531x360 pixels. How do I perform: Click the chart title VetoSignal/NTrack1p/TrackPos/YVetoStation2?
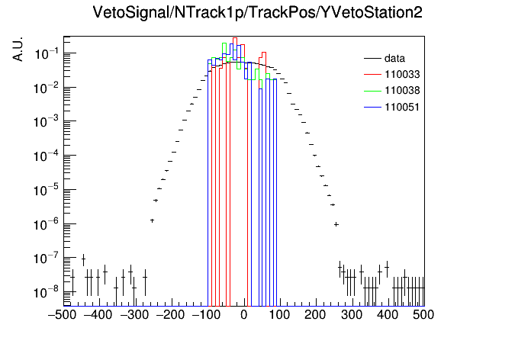[x=257, y=12]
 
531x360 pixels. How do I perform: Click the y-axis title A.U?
[x=18, y=49]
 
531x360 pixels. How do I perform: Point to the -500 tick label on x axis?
[x=62, y=315]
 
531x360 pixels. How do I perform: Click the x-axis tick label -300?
[x=134, y=315]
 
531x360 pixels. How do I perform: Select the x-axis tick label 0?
[x=244, y=315]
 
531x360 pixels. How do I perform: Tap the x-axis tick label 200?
[x=315, y=315]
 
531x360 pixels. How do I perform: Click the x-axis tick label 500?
[x=423, y=315]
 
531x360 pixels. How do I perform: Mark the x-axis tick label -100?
[x=207, y=315]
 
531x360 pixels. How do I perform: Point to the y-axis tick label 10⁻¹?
[x=47, y=53]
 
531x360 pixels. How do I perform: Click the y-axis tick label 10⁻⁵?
[x=47, y=191]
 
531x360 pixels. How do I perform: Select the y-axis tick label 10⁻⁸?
[x=47, y=292]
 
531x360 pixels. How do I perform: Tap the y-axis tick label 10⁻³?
[x=47, y=121]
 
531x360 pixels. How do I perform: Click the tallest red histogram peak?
[x=235, y=38]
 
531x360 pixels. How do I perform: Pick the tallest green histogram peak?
[x=224, y=43]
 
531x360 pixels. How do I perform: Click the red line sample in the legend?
[x=372, y=74]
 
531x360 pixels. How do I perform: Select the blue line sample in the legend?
[x=372, y=108]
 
